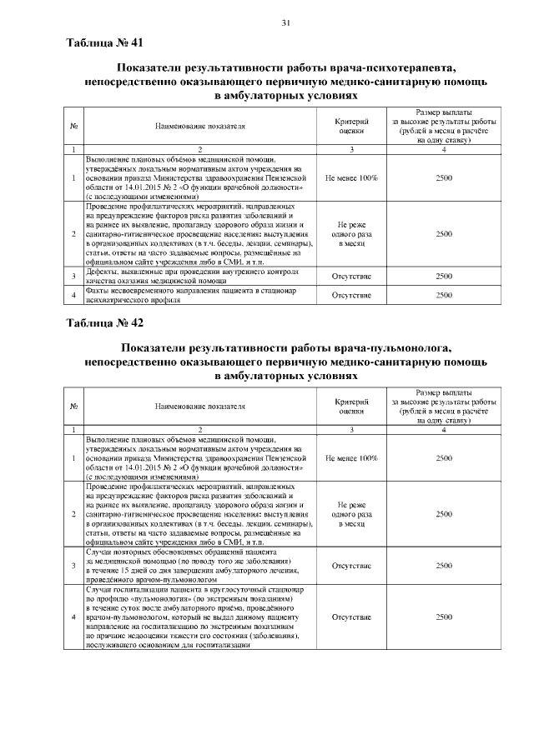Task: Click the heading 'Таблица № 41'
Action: click(103, 42)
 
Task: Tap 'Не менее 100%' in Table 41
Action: click(351, 178)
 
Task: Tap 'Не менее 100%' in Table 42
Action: click(351, 458)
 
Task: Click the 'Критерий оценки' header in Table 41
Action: click(351, 126)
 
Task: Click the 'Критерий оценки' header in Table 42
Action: click(351, 406)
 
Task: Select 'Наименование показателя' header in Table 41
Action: click(200, 127)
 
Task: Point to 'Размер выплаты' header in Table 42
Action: click(445, 392)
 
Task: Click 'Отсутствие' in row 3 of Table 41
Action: click(351, 276)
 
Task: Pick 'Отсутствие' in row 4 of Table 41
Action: click(351, 295)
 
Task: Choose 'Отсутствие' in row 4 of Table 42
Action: click(351, 618)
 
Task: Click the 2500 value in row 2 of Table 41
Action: click(445, 235)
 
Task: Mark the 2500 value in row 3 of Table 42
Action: click(445, 565)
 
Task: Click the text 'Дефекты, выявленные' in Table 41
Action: click(126, 272)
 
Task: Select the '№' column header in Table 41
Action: click(74, 127)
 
